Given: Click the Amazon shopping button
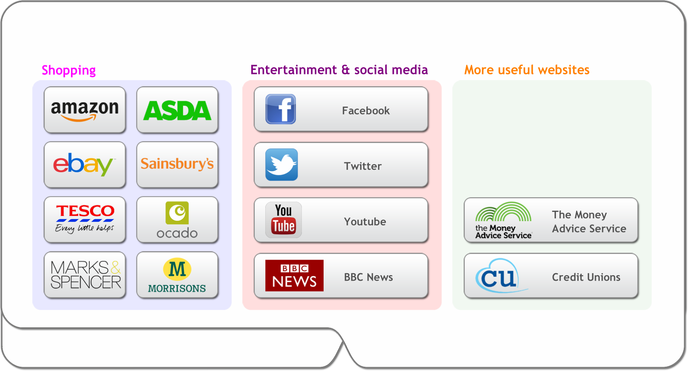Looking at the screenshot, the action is pos(85,110).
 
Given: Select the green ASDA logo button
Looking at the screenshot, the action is pos(177,110).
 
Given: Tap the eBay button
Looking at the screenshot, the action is pos(85,165).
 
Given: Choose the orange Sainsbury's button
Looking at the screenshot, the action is pos(177,165).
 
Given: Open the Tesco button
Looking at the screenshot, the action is pos(85,219).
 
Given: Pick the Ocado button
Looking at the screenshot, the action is pos(177,219).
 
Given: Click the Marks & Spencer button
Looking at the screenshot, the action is pos(85,275).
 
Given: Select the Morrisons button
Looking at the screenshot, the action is pos(177,275).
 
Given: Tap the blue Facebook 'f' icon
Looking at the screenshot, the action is pos(281,109).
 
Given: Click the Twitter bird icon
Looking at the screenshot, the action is pos(281,165).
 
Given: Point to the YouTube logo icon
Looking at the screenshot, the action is pos(283,220).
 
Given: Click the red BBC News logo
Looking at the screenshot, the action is pos(294,276).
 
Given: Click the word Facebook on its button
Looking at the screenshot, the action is pos(366,111).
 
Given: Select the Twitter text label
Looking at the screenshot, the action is pos(362,166).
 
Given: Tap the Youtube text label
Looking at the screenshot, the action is pos(365,221).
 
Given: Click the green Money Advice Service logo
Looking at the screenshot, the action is pos(503,220).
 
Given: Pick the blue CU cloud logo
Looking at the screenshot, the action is pos(501,276).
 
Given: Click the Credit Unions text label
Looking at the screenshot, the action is pos(586,277).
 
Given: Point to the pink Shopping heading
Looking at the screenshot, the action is pos(69,70).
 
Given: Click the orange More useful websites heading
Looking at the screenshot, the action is pos(527,70).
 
